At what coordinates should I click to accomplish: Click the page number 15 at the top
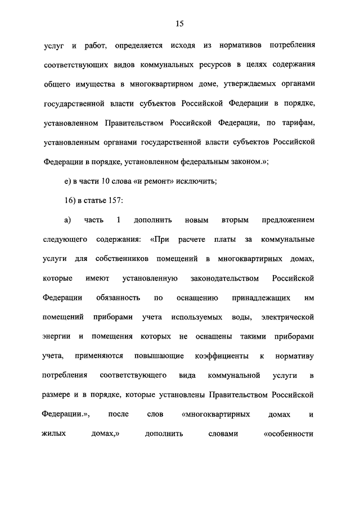(x=179, y=23)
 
